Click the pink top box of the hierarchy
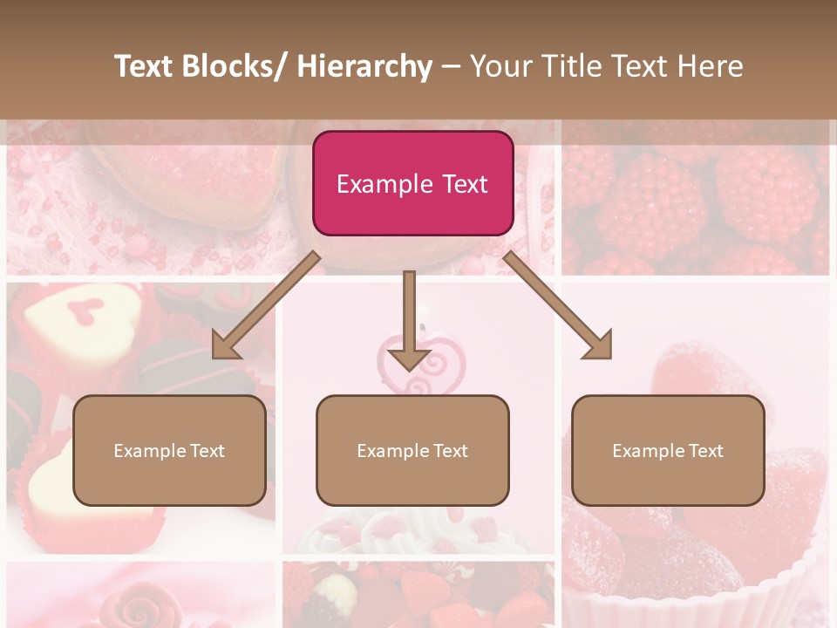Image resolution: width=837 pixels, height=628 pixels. pos(412,183)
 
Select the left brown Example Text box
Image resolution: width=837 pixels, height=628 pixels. pos(169,450)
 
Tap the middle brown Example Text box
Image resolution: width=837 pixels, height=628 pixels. pos(412,450)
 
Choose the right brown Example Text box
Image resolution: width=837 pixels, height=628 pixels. pos(668,450)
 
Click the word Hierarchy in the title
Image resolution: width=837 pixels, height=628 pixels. pos(364,66)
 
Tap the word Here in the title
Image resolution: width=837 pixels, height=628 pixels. pos(711,66)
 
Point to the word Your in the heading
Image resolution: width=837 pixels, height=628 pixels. pos(500,66)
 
